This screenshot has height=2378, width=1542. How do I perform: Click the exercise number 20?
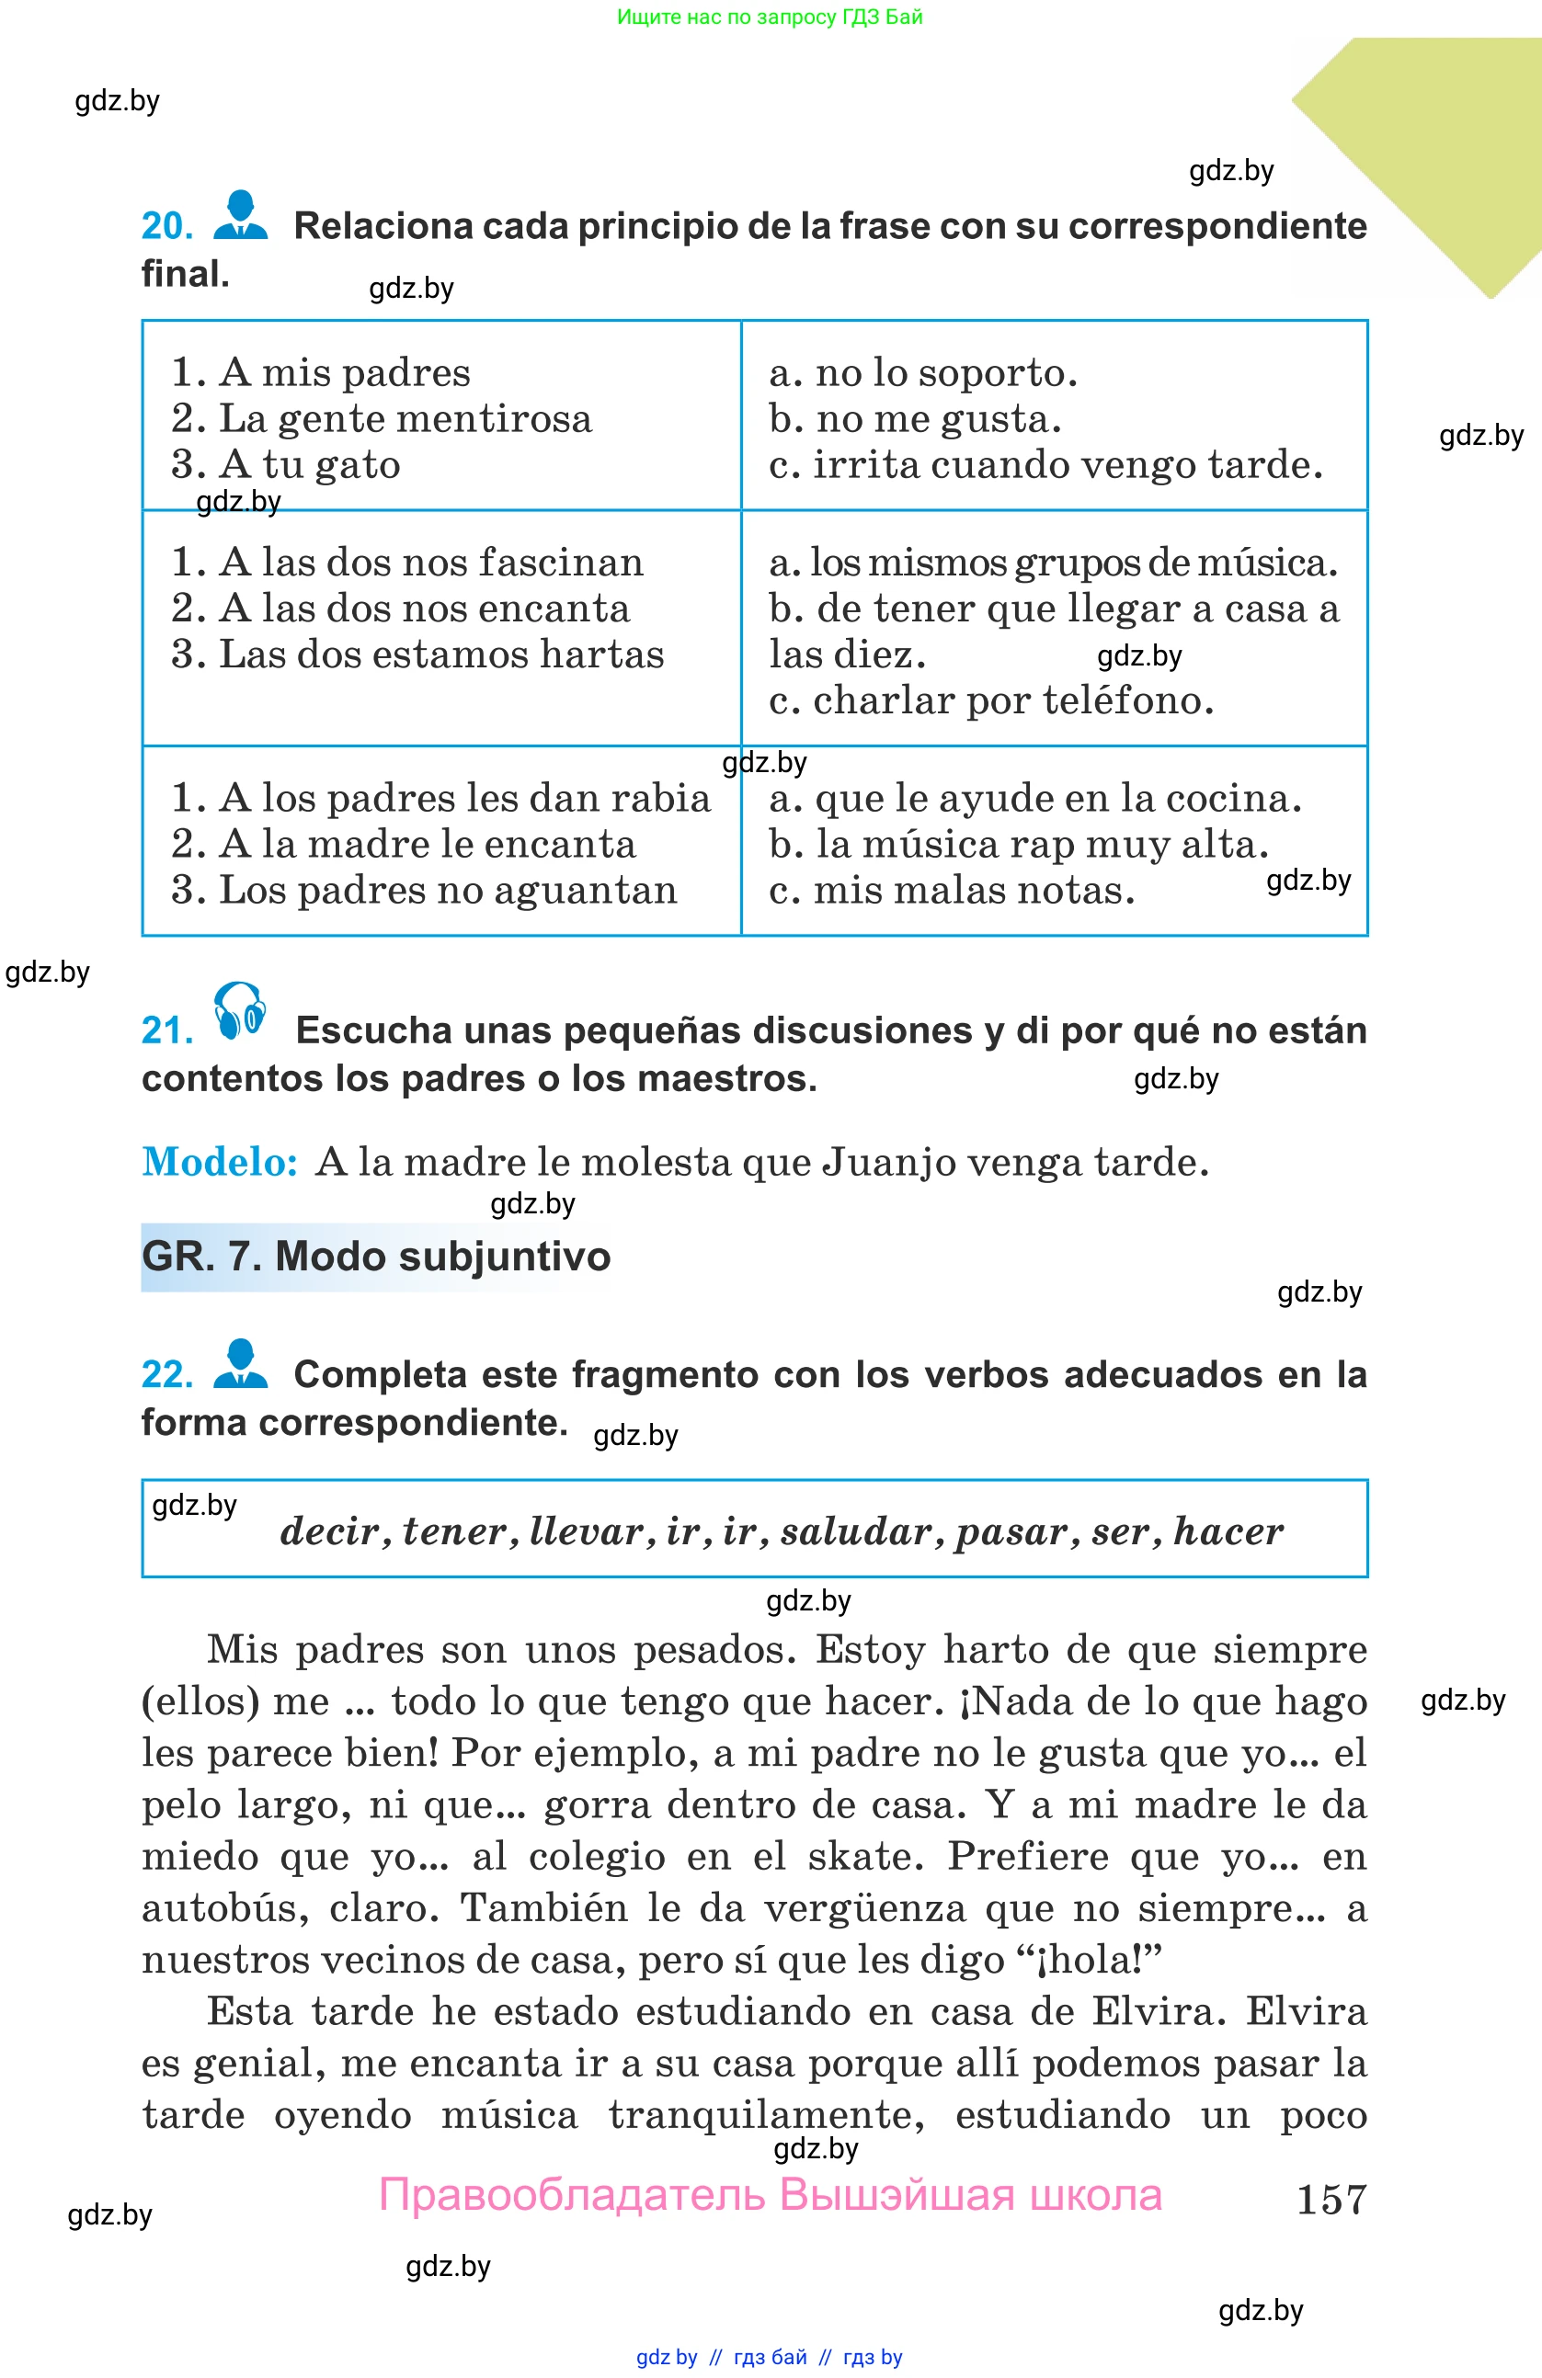point(167,227)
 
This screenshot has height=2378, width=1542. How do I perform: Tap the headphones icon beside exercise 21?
point(240,1011)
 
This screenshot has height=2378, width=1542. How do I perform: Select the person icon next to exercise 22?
point(241,1364)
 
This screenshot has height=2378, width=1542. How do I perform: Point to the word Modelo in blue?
point(220,1162)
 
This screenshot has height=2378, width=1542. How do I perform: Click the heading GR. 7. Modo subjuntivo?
point(376,1257)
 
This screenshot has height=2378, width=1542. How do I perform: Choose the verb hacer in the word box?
point(1228,1530)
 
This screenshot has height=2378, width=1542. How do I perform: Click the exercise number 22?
point(167,1375)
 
